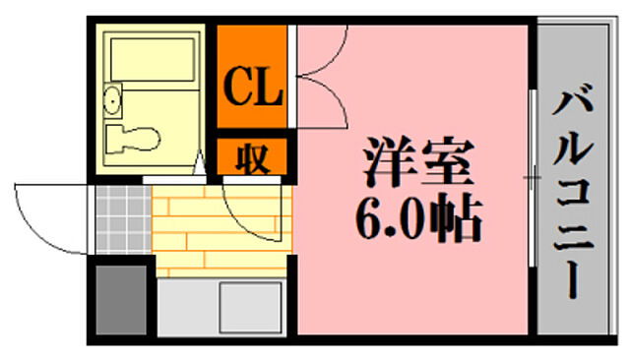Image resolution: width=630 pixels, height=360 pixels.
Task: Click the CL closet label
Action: [253, 88]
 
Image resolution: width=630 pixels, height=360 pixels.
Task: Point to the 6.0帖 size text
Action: [418, 222]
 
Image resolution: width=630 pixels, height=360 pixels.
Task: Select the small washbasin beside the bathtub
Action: [111, 98]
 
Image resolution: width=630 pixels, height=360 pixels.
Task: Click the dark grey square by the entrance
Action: [120, 301]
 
